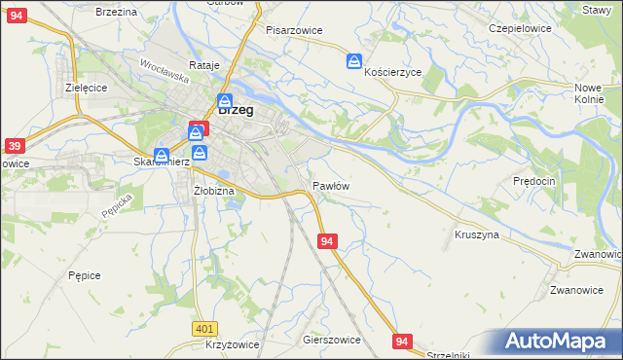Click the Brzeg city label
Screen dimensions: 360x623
[236, 111]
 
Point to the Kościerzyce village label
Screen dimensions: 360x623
[392, 72]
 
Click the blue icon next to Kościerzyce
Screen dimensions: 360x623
[353, 62]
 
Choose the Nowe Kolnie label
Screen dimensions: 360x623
[590, 93]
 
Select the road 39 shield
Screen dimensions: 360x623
[14, 146]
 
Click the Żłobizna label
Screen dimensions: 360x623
[213, 191]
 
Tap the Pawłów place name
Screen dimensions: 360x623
[331, 185]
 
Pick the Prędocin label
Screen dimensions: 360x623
[533, 181]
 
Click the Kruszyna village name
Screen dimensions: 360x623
[477, 234]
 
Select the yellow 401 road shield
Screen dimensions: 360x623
[203, 330]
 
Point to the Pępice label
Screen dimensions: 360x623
[85, 275]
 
